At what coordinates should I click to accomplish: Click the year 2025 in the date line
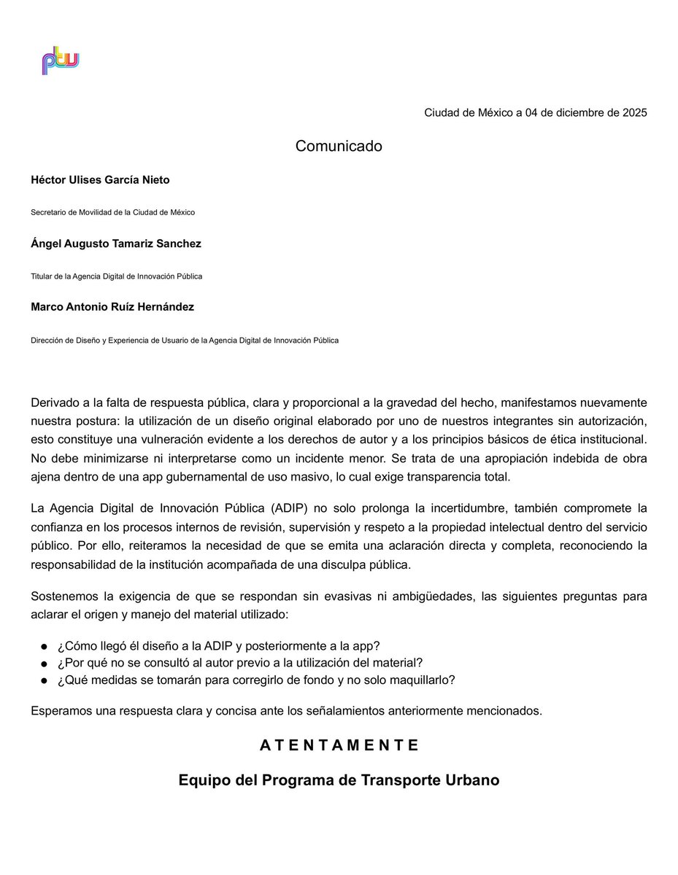tap(633, 113)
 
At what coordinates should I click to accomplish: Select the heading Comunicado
tap(339, 146)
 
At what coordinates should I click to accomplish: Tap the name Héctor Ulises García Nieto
tap(100, 180)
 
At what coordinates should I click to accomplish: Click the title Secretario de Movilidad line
tap(112, 212)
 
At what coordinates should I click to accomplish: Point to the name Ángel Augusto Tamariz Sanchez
tap(115, 244)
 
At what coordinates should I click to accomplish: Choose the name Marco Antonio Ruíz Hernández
tap(112, 307)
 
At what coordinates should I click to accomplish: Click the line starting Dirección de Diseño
tap(184, 340)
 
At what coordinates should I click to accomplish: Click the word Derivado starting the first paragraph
tap(55, 402)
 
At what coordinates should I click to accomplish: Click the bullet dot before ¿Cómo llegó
tap(45, 647)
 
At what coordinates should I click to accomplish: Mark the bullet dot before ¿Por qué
tap(45, 664)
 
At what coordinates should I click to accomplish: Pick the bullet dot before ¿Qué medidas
tap(45, 680)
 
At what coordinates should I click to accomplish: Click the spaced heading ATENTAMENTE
tap(339, 745)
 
